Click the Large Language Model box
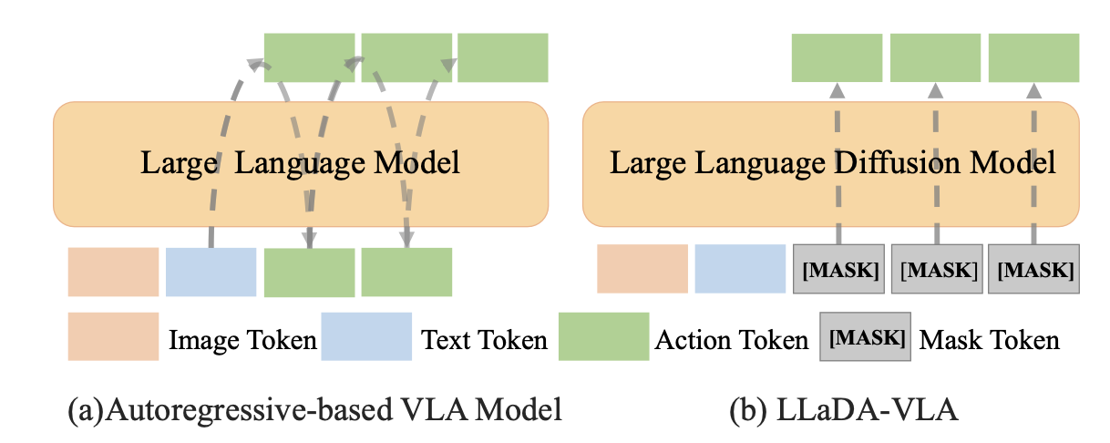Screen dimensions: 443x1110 click(x=301, y=164)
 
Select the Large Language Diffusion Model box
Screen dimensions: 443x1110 click(x=832, y=164)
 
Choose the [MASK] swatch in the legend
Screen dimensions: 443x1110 click(x=865, y=337)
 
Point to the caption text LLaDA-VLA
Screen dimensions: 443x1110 click(x=868, y=410)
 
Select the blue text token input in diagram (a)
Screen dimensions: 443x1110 click(x=211, y=272)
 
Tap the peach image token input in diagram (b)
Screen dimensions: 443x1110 click(x=642, y=269)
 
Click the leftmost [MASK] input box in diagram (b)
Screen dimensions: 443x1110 click(x=838, y=270)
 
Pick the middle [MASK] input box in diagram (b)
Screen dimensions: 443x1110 click(x=937, y=270)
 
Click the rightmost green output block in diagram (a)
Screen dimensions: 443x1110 click(x=502, y=57)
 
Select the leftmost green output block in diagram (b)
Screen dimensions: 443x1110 click(x=837, y=58)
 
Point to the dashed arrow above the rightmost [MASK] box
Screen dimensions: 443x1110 click(x=1033, y=164)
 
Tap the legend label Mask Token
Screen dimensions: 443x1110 click(x=990, y=341)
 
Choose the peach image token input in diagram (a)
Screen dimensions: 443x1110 click(x=113, y=272)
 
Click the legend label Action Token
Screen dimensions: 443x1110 click(x=731, y=341)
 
